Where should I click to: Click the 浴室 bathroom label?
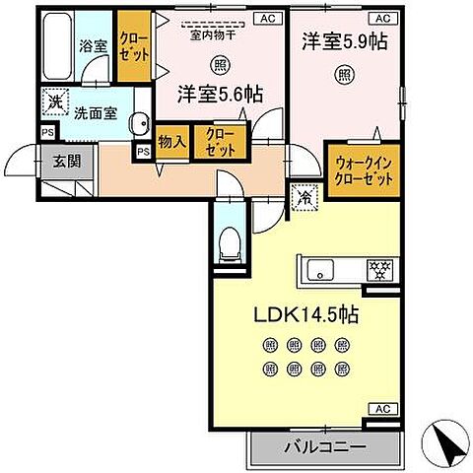click(92, 45)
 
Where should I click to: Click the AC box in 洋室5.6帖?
click(267, 18)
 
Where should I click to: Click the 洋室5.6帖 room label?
click(219, 95)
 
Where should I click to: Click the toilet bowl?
click(229, 239)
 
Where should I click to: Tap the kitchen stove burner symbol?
click(378, 268)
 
